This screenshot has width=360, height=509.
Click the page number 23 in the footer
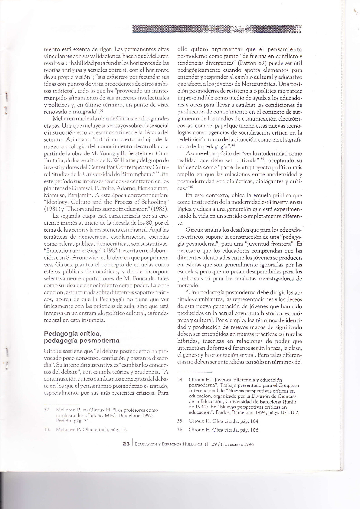[x=126, y=444]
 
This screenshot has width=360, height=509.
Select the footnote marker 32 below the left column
[x=46, y=410]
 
